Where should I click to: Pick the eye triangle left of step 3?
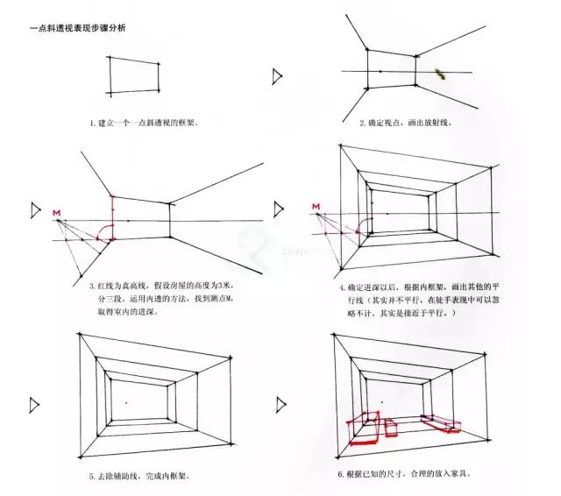coord(36,210)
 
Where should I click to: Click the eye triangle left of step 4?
coord(279,210)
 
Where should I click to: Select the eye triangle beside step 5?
coord(36,404)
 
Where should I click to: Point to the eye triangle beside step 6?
coord(281,404)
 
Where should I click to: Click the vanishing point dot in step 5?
coord(127,403)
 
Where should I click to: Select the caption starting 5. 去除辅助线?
coord(139,476)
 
